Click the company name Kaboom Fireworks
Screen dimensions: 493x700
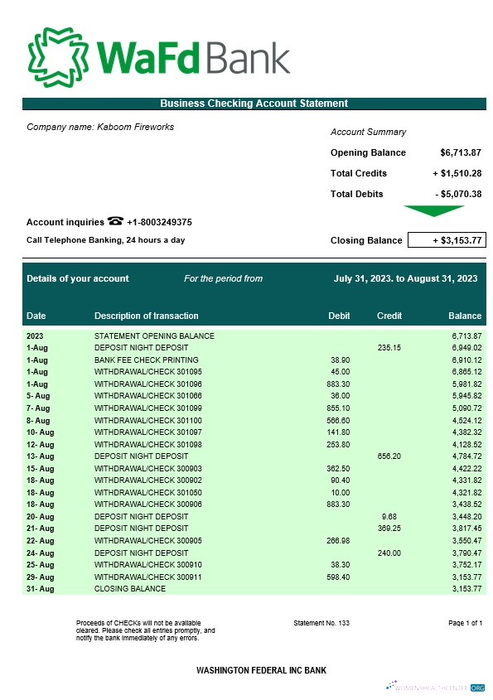100,127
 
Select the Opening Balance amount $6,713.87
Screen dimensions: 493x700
461,152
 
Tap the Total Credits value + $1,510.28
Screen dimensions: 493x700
457,173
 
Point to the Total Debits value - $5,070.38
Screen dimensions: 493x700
458,194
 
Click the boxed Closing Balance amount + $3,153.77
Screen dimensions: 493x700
446,240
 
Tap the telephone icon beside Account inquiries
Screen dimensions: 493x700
115,221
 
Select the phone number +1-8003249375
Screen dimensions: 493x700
160,222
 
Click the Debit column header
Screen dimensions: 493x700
339,316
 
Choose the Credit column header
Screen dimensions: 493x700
389,316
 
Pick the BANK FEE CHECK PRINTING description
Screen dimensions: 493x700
146,360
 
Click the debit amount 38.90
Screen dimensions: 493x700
340,360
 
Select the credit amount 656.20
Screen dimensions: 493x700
389,456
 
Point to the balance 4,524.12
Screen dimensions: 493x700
465,420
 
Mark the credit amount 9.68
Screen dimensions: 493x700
390,516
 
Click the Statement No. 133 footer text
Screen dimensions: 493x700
321,622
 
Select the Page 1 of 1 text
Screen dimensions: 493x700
465,622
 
